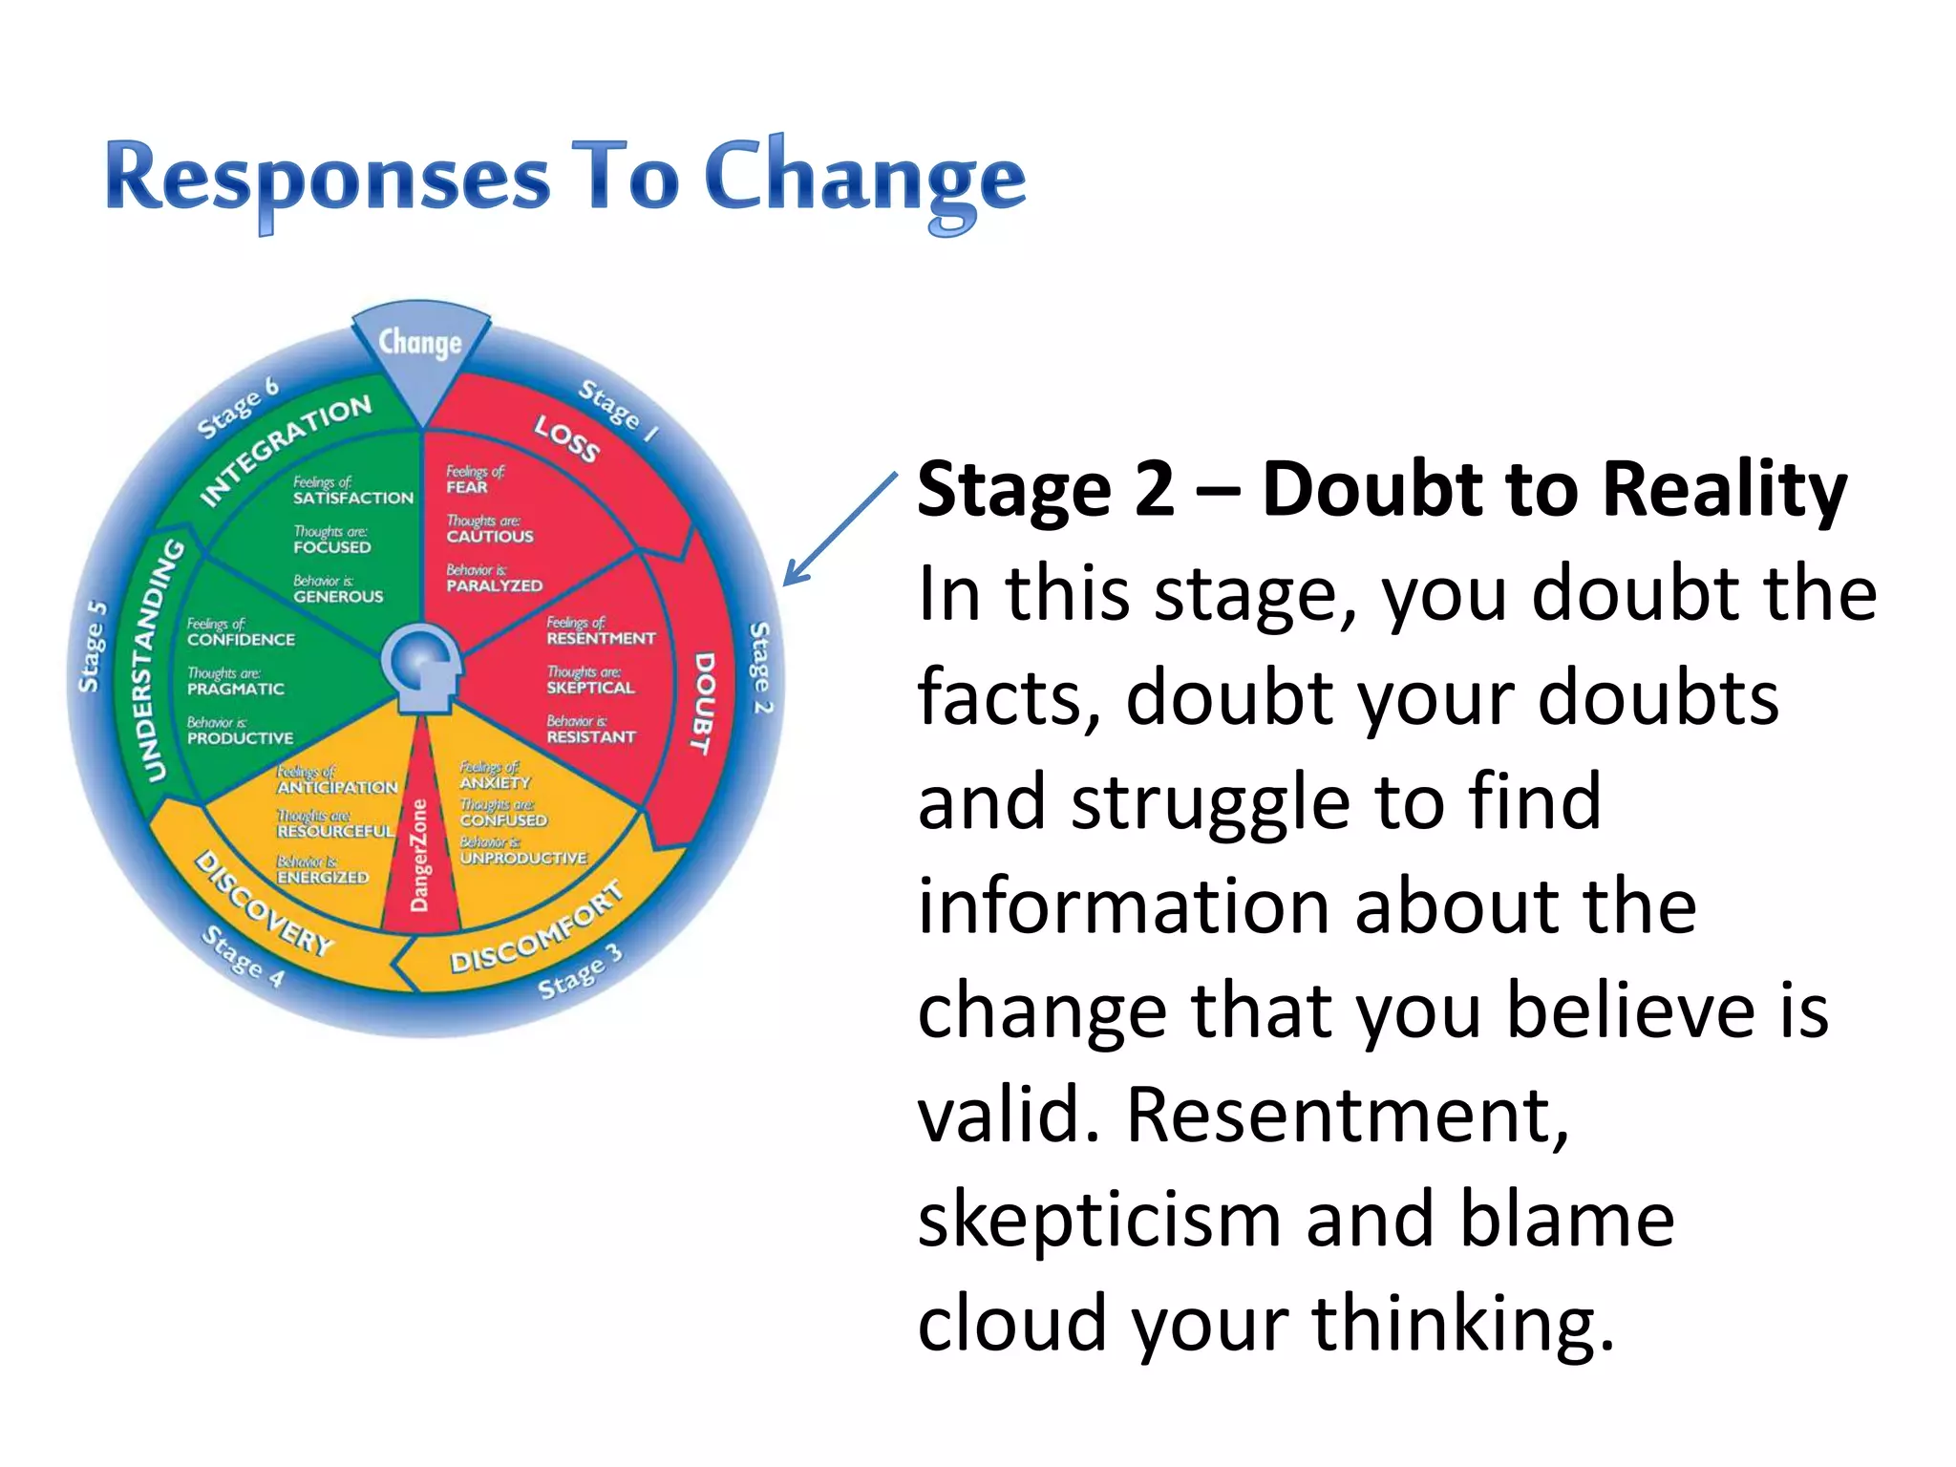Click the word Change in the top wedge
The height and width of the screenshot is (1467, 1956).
pos(419,343)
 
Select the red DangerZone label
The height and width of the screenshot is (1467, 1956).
pos(419,856)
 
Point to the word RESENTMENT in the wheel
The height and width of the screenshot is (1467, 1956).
pos(601,638)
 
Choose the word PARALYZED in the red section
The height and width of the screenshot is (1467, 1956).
pos(494,585)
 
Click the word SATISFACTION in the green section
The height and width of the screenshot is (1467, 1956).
pos(352,498)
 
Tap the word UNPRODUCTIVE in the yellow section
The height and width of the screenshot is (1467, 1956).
pos(523,858)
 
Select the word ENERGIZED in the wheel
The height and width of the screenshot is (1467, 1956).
pos(322,877)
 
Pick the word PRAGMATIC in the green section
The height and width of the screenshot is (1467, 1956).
pos(235,689)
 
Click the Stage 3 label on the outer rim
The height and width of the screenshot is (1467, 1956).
pos(580,973)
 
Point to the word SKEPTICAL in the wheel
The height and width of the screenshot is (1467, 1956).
pos(590,688)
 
